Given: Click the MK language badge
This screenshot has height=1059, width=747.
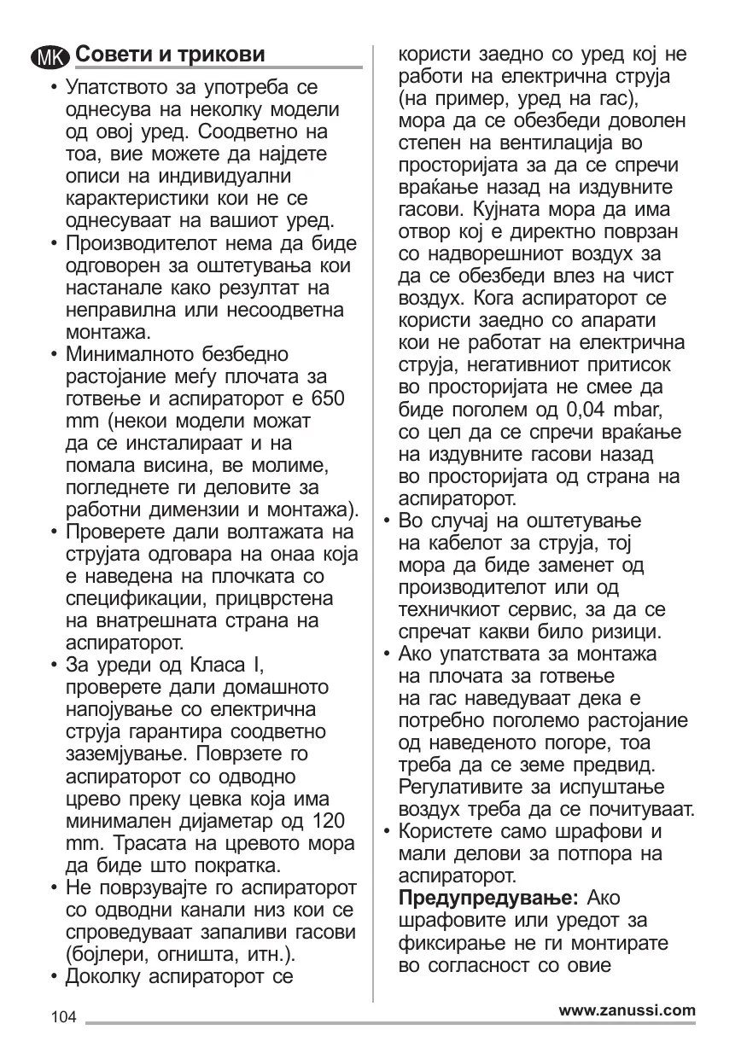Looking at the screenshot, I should click(50, 57).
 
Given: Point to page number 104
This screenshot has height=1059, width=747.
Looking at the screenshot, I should click(64, 1017).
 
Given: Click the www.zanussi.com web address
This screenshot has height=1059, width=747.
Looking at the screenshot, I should click(627, 1010).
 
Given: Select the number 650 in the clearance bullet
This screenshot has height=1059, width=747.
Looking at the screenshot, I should click(328, 399).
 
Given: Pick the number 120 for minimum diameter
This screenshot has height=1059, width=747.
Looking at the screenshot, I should click(328, 821).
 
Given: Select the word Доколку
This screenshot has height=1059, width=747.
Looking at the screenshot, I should click(104, 976).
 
